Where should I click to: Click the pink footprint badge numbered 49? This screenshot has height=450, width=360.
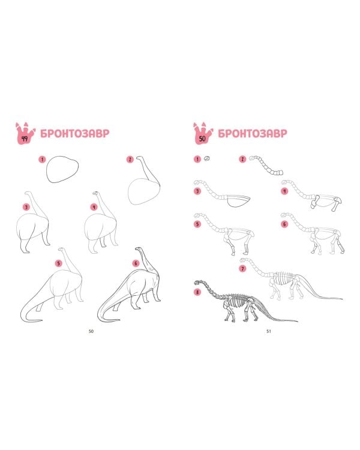point(25,134)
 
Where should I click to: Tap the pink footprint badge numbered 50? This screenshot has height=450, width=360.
point(203,134)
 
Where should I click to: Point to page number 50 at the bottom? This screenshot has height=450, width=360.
point(91,331)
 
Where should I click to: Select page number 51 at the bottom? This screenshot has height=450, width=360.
point(269,331)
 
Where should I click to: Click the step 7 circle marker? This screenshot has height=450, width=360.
point(242,269)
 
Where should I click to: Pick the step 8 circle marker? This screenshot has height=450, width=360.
point(197,292)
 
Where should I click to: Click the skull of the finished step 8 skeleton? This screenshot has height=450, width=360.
point(199,283)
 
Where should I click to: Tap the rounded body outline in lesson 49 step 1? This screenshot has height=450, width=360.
point(62,169)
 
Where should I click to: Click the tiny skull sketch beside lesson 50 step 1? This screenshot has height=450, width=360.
point(207,158)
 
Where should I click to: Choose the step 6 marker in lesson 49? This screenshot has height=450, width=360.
point(136,263)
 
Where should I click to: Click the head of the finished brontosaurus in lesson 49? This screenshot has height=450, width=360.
point(139,248)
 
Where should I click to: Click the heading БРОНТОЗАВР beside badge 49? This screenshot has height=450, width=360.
point(75,133)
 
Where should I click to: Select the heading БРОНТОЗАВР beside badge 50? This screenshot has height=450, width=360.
point(253,133)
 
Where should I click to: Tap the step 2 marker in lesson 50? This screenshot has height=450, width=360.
point(242,159)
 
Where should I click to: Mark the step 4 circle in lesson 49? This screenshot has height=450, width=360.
point(94,206)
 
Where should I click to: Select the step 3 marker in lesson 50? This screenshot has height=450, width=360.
point(197,191)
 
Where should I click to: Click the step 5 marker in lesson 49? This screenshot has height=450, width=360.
point(59,263)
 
